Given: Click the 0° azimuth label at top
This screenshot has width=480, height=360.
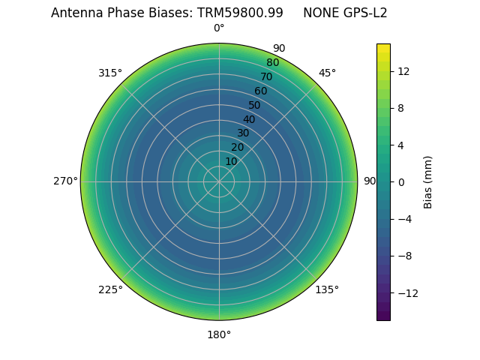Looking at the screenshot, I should (219, 28).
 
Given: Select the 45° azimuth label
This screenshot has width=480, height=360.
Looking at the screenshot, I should (327, 73).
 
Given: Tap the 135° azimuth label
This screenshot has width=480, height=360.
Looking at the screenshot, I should (327, 289).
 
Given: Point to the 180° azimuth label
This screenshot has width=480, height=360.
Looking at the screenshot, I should (219, 334).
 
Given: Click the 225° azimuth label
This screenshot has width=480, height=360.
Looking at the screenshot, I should (110, 289).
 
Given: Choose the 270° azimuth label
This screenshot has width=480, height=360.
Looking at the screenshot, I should (65, 181).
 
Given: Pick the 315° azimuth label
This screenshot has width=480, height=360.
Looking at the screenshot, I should (110, 73).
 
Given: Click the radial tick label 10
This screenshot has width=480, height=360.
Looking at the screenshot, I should (231, 161).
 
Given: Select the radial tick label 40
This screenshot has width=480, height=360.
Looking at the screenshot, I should (249, 119).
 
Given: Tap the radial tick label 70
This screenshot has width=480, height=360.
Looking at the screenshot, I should (266, 76).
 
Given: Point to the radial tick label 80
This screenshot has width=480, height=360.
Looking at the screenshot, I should (272, 63).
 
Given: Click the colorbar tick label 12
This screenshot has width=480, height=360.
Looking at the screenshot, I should (403, 71).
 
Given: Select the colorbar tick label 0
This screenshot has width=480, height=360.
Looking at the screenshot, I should (400, 181).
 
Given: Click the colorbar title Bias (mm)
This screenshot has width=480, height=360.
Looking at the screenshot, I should (428, 181).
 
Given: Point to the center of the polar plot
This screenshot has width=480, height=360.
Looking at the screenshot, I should (219, 181).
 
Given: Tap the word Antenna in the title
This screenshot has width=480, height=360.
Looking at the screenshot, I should (75, 13).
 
